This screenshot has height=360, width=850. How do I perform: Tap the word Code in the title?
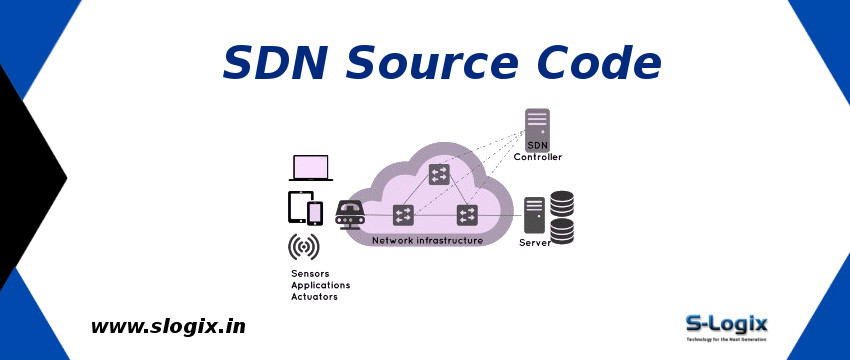(x=604, y=63)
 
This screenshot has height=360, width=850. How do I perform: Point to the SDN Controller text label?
(x=538, y=151)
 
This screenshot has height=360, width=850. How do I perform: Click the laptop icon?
(x=311, y=168)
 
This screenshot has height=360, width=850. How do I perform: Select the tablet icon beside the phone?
(x=298, y=207)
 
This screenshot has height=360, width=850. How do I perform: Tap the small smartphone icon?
(x=315, y=213)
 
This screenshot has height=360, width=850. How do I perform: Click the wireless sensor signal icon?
(x=304, y=246)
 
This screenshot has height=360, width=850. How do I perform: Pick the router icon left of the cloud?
(x=349, y=213)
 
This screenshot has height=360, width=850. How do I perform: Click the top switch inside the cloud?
(x=438, y=175)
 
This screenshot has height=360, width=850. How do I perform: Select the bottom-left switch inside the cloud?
(x=404, y=214)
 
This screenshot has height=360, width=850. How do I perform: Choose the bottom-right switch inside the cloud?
(x=467, y=214)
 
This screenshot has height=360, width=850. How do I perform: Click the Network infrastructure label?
(x=427, y=240)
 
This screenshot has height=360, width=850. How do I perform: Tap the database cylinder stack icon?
(x=562, y=218)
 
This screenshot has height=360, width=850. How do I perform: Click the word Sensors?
(x=310, y=273)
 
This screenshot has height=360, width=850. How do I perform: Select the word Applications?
(x=320, y=285)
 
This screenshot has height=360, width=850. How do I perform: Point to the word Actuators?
(x=314, y=297)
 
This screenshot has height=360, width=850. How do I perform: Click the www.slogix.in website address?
(x=168, y=326)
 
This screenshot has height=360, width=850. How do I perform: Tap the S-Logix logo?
(x=726, y=326)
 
